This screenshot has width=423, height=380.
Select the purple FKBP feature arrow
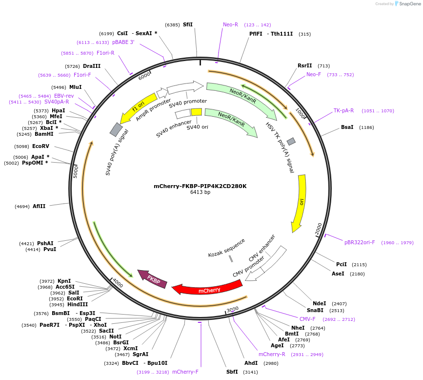[x=153, y=279]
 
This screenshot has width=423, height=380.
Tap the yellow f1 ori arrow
[x=137, y=107]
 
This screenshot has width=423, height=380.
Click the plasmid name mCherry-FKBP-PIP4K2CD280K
[x=200, y=186]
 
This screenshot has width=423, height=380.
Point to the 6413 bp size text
[x=200, y=192]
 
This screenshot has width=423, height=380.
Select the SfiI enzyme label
[x=188, y=24]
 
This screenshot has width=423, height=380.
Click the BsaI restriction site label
[x=347, y=127]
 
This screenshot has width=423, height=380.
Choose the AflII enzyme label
[x=39, y=206]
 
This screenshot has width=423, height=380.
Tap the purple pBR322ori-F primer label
[x=360, y=242]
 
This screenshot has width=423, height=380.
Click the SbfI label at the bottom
[x=232, y=372]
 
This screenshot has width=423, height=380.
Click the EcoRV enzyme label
[x=40, y=146]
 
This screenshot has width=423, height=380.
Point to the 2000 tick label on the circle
[x=318, y=228]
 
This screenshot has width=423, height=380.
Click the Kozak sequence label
[x=226, y=248]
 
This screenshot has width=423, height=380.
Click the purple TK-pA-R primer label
[x=344, y=110]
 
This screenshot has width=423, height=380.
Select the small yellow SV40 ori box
[x=196, y=112]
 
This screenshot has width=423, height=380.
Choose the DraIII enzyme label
[x=92, y=66]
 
